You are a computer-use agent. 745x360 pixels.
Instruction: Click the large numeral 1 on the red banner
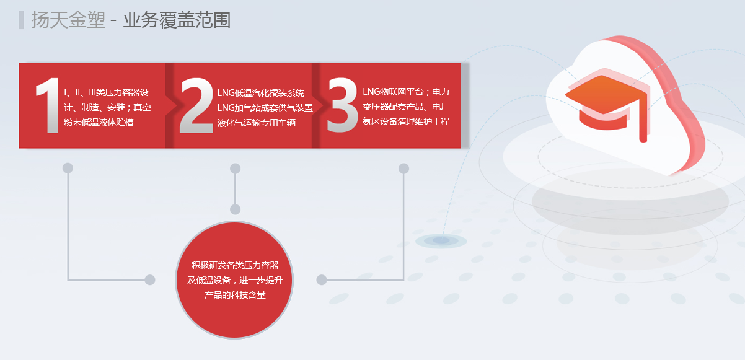tap(48, 105)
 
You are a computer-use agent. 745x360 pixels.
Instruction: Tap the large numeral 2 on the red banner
tap(196, 105)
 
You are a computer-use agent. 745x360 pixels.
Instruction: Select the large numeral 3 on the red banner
tap(342, 105)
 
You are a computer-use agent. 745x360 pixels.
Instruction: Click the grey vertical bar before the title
tap(21, 20)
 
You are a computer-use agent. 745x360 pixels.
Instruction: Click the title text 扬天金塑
tap(68, 20)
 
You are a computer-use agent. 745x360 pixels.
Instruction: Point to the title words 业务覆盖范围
tap(177, 20)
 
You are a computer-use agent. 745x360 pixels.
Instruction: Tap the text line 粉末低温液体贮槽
tap(99, 122)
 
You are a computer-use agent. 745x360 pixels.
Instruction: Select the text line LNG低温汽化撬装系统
tap(261, 93)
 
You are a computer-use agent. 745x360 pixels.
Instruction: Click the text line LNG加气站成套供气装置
tap(265, 108)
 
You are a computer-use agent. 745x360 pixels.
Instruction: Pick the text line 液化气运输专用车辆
tap(257, 123)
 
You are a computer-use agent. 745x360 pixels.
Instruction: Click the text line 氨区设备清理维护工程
tap(406, 121)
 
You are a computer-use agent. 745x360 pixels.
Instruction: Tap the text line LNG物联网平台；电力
tap(406, 92)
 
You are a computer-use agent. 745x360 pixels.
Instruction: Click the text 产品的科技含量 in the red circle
tap(235, 295)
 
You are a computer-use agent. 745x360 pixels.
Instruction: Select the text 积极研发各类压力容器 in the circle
tap(235, 265)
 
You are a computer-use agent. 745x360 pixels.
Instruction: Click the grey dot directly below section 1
tap(68, 168)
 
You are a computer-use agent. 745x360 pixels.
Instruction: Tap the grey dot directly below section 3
tap(403, 169)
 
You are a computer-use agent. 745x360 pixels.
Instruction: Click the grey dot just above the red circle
tap(235, 209)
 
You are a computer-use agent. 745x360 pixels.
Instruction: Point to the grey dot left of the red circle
tap(150, 280)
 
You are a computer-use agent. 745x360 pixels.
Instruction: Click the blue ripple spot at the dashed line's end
tap(441, 240)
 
